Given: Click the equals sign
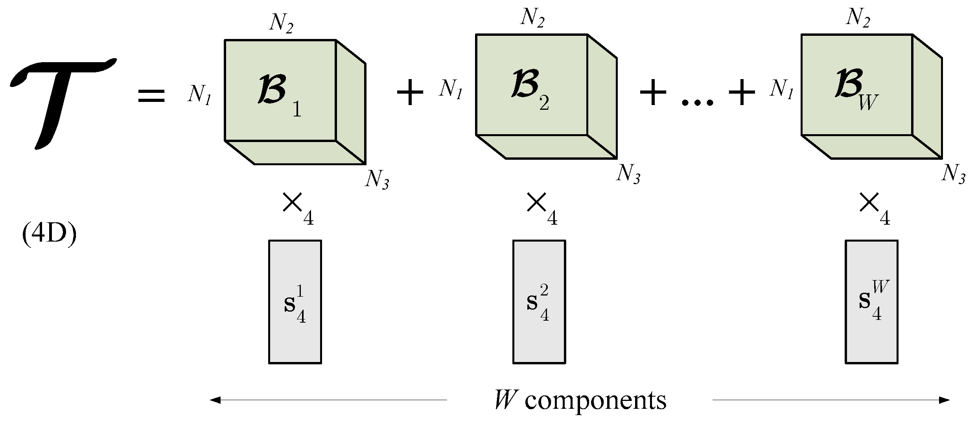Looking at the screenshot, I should click(151, 96).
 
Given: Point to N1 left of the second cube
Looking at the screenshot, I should click(451, 89).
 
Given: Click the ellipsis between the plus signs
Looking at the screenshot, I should click(697, 102).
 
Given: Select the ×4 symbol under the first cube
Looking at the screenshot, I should click(298, 209).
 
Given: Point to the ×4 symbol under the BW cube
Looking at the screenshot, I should click(874, 209).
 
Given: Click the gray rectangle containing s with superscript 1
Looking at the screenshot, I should click(295, 302).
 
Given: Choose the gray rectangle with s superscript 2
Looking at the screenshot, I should click(539, 302).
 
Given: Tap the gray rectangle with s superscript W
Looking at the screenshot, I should click(871, 302).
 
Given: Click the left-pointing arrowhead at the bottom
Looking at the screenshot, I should click(215, 401).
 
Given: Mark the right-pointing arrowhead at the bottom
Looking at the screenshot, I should click(944, 401).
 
